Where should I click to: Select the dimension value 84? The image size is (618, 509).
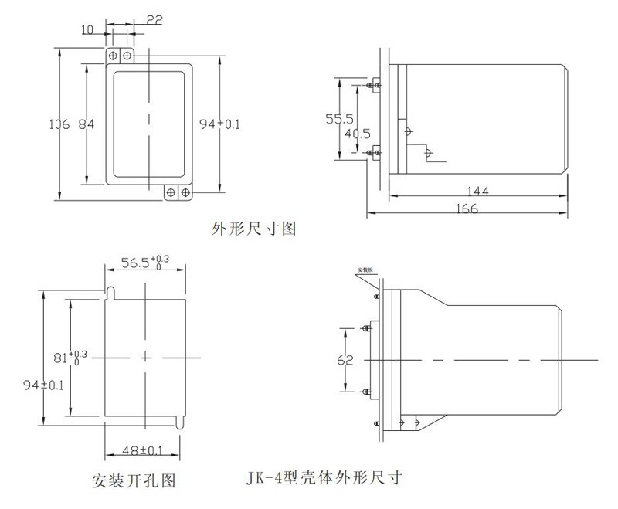(x=87, y=124)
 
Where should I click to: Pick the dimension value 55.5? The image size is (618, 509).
(x=339, y=119)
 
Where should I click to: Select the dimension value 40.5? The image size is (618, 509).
(x=357, y=132)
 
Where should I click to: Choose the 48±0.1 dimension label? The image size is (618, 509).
(x=142, y=450)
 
